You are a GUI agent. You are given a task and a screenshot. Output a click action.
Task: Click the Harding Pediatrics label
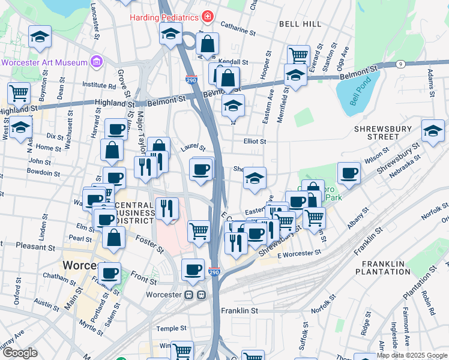click(x=164, y=17)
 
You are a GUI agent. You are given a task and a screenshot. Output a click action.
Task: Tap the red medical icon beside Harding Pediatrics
click(x=207, y=17)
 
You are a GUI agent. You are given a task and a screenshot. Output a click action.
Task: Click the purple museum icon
click(x=95, y=61)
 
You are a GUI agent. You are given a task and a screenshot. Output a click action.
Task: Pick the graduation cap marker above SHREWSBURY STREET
click(x=433, y=131)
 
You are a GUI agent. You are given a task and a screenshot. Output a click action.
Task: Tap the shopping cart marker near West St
click(x=19, y=93)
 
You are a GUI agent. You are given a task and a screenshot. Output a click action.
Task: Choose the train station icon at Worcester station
click(x=194, y=295)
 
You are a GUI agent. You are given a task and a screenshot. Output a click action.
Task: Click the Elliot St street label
click(x=255, y=142)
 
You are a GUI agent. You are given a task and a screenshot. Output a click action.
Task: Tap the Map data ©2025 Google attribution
click(x=411, y=355)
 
